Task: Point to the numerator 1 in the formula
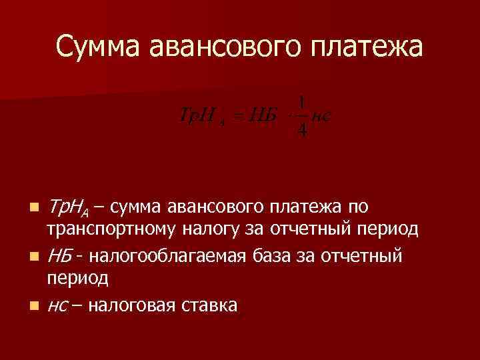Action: point(302,102)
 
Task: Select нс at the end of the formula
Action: point(321,115)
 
